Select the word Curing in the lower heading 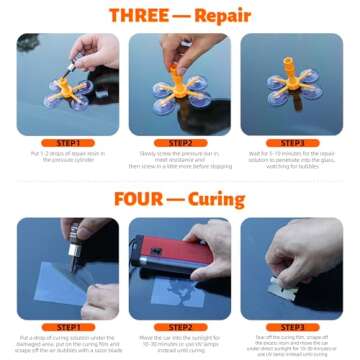(225, 198)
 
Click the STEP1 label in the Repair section (68, 143)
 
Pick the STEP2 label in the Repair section (180, 143)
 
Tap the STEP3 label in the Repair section (292, 143)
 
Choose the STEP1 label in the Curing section (68, 326)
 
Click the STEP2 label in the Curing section (180, 326)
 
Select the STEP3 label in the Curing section (292, 326)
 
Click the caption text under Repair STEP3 (292, 160)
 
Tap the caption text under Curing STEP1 (68, 344)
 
